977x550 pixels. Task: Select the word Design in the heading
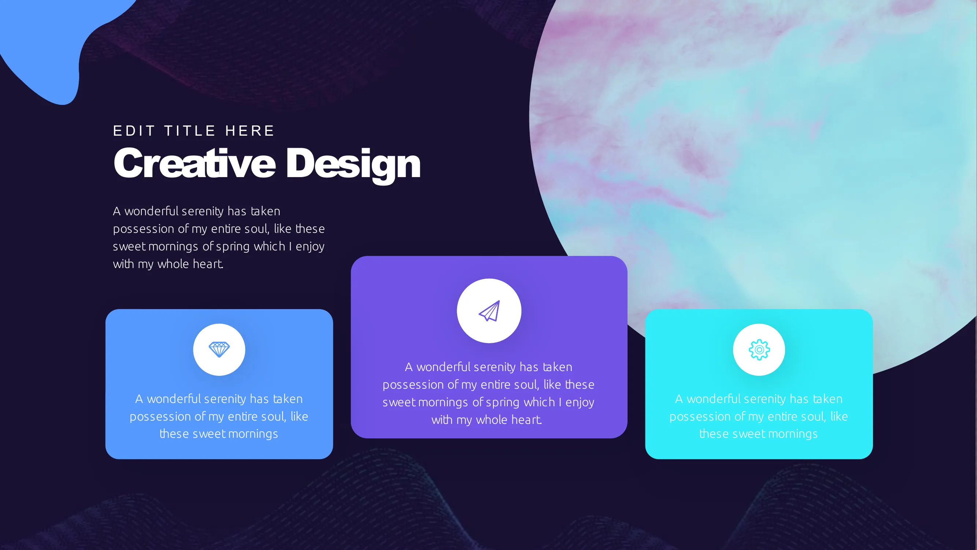coord(354,165)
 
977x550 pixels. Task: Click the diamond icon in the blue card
coord(219,349)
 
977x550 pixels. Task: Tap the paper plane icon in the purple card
coord(489,311)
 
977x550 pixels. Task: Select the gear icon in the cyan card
coord(759,349)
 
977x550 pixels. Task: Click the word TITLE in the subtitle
coord(190,131)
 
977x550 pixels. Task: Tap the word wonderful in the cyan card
coord(713,399)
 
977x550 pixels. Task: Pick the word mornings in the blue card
coord(253,434)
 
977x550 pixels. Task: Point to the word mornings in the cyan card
coord(792,434)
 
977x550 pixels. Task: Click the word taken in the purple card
coord(557,367)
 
